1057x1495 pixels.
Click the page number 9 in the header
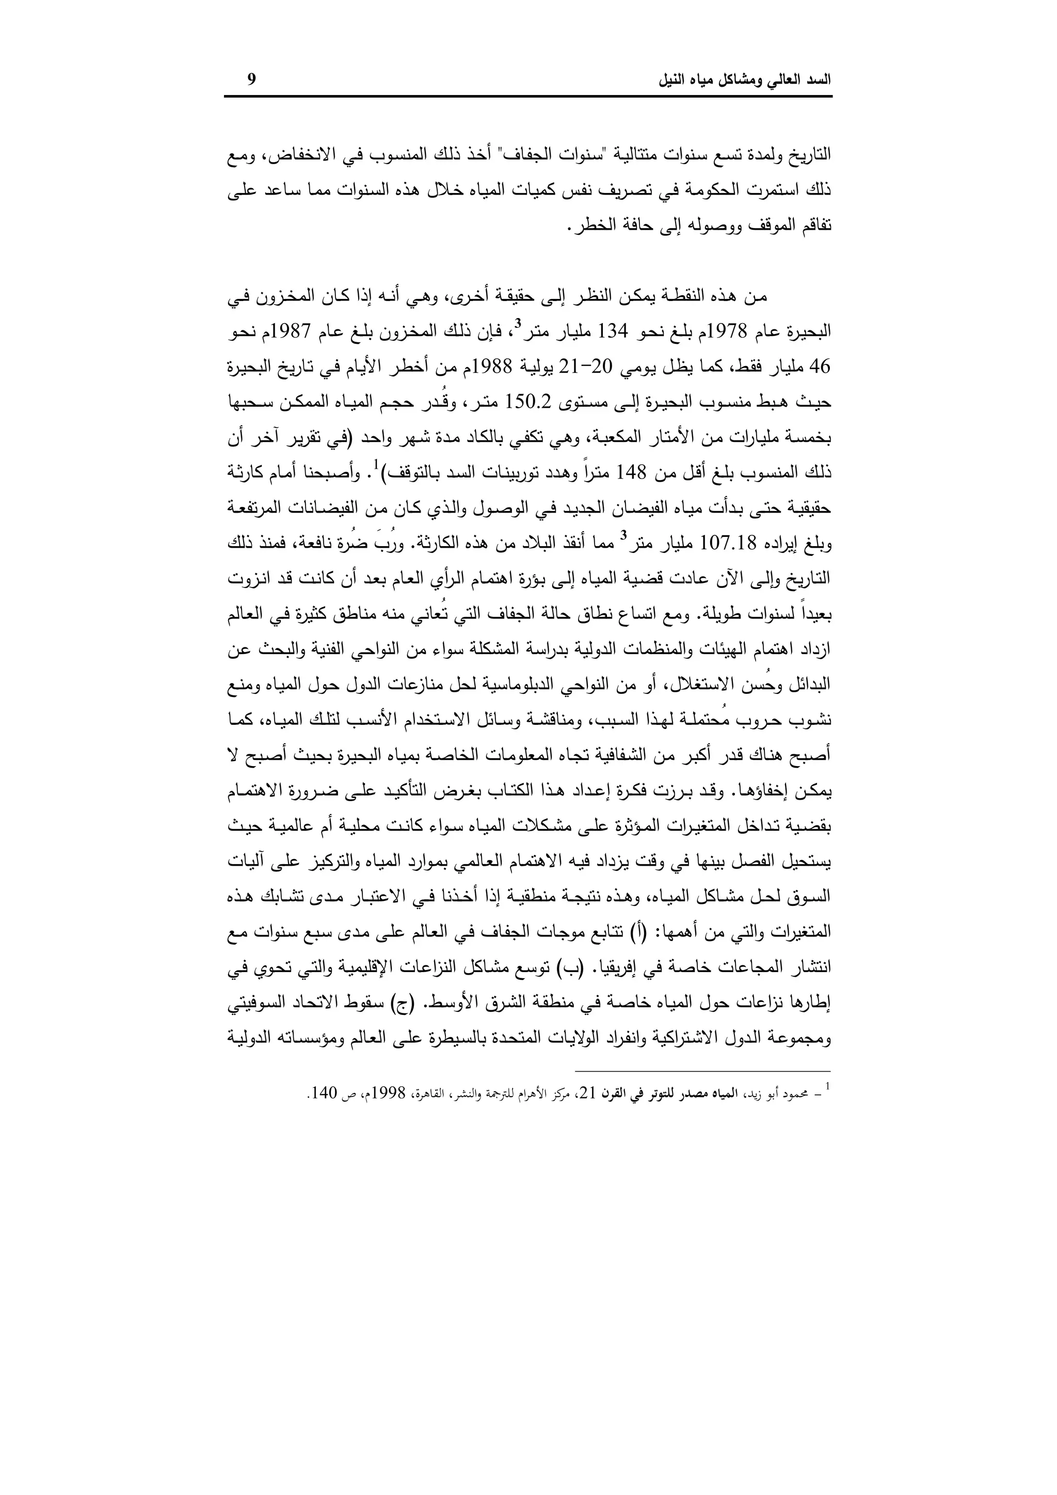click(252, 80)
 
